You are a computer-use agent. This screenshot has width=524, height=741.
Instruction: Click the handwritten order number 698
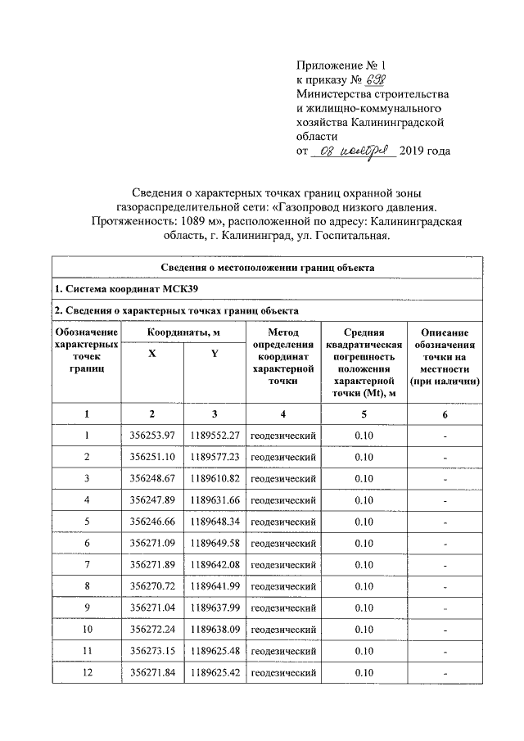pyautogui.click(x=375, y=80)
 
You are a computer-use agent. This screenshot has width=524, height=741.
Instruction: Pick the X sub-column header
pyautogui.click(x=152, y=353)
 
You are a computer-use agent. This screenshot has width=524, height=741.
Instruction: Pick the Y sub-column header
pyautogui.click(x=215, y=353)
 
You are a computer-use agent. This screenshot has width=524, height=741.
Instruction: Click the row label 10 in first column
pyautogui.click(x=86, y=630)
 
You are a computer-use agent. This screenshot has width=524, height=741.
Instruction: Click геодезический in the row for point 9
pyautogui.click(x=282, y=608)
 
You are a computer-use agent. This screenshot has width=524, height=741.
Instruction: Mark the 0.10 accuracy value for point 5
pyautogui.click(x=364, y=522)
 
